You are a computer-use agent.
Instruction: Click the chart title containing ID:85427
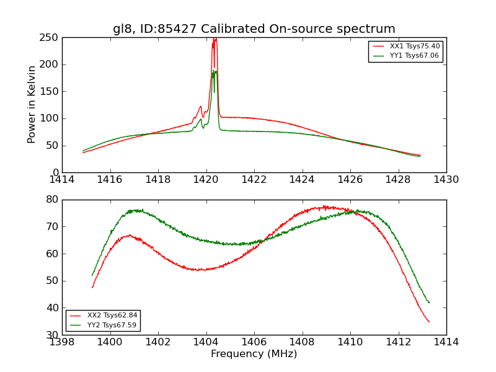click(x=254, y=29)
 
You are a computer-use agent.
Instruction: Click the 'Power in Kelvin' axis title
click(x=32, y=105)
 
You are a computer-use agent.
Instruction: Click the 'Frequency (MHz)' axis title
click(x=254, y=354)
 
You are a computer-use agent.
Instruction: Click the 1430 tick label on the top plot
click(x=446, y=180)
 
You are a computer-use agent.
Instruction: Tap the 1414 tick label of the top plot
click(x=62, y=180)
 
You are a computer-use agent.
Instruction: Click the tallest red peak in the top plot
click(x=215, y=39)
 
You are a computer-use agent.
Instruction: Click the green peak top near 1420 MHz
click(x=215, y=71)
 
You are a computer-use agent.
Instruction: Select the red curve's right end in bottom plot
click(x=429, y=322)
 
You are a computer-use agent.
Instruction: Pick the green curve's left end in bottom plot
click(x=92, y=275)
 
